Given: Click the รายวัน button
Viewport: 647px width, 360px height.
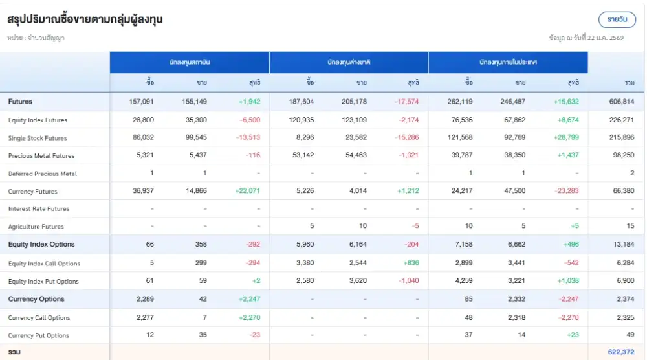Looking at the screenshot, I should pyautogui.click(x=617, y=19).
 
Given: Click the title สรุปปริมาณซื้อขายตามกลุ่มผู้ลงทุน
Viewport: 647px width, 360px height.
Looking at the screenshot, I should pyautogui.click(x=85, y=19).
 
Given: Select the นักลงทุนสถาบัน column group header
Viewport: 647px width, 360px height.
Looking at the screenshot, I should pyautogui.click(x=189, y=62).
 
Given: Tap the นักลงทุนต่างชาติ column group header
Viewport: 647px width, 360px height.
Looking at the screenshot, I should pyautogui.click(x=349, y=62).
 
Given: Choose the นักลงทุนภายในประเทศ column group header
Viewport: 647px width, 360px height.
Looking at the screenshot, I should pyautogui.click(x=508, y=62).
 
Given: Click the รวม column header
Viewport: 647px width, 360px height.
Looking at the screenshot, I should pyautogui.click(x=629, y=83).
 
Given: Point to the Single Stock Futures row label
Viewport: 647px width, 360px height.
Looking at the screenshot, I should pyautogui.click(x=38, y=138).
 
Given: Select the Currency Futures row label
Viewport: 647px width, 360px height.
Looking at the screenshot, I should pyautogui.click(x=33, y=192).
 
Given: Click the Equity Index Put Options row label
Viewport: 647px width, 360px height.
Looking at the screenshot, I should pyautogui.click(x=43, y=282).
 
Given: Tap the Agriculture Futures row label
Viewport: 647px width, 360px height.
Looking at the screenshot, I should pyautogui.click(x=36, y=227).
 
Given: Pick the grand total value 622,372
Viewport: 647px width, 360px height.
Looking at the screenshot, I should pyautogui.click(x=621, y=352).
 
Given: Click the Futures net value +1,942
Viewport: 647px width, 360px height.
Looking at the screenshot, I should pyautogui.click(x=249, y=102).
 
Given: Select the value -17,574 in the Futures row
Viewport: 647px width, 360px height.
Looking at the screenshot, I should pyautogui.click(x=406, y=102).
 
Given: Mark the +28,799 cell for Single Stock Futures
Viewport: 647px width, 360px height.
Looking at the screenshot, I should pyautogui.click(x=566, y=138).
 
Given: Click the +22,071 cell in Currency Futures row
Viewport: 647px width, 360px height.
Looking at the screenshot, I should pyautogui.click(x=247, y=192).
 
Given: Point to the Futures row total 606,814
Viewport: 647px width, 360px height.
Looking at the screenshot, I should pyautogui.click(x=621, y=102).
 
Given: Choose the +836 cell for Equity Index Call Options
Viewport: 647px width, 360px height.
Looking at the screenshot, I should pyautogui.click(x=410, y=264).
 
